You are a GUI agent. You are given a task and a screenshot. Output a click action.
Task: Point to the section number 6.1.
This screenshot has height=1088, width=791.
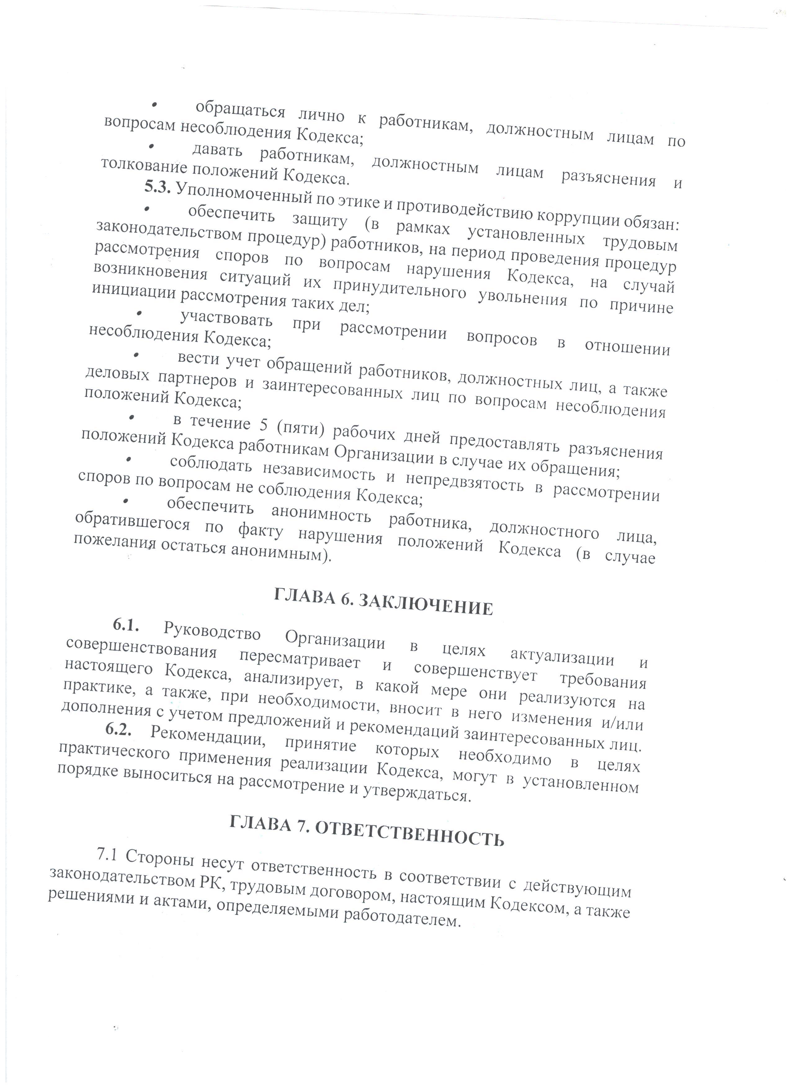pos(127,625)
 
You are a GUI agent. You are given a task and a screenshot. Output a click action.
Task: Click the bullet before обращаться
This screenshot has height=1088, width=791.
pos(154,105)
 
